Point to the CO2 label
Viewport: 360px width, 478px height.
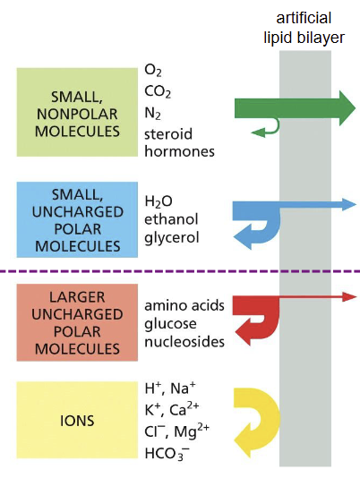click(158, 90)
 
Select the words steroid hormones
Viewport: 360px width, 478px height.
click(179, 141)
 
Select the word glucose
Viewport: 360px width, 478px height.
click(170, 323)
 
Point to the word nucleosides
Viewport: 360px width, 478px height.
click(184, 341)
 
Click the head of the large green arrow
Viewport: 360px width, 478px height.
click(342, 107)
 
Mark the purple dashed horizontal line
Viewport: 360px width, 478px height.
click(179, 269)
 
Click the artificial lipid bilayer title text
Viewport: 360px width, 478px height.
click(310, 26)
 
